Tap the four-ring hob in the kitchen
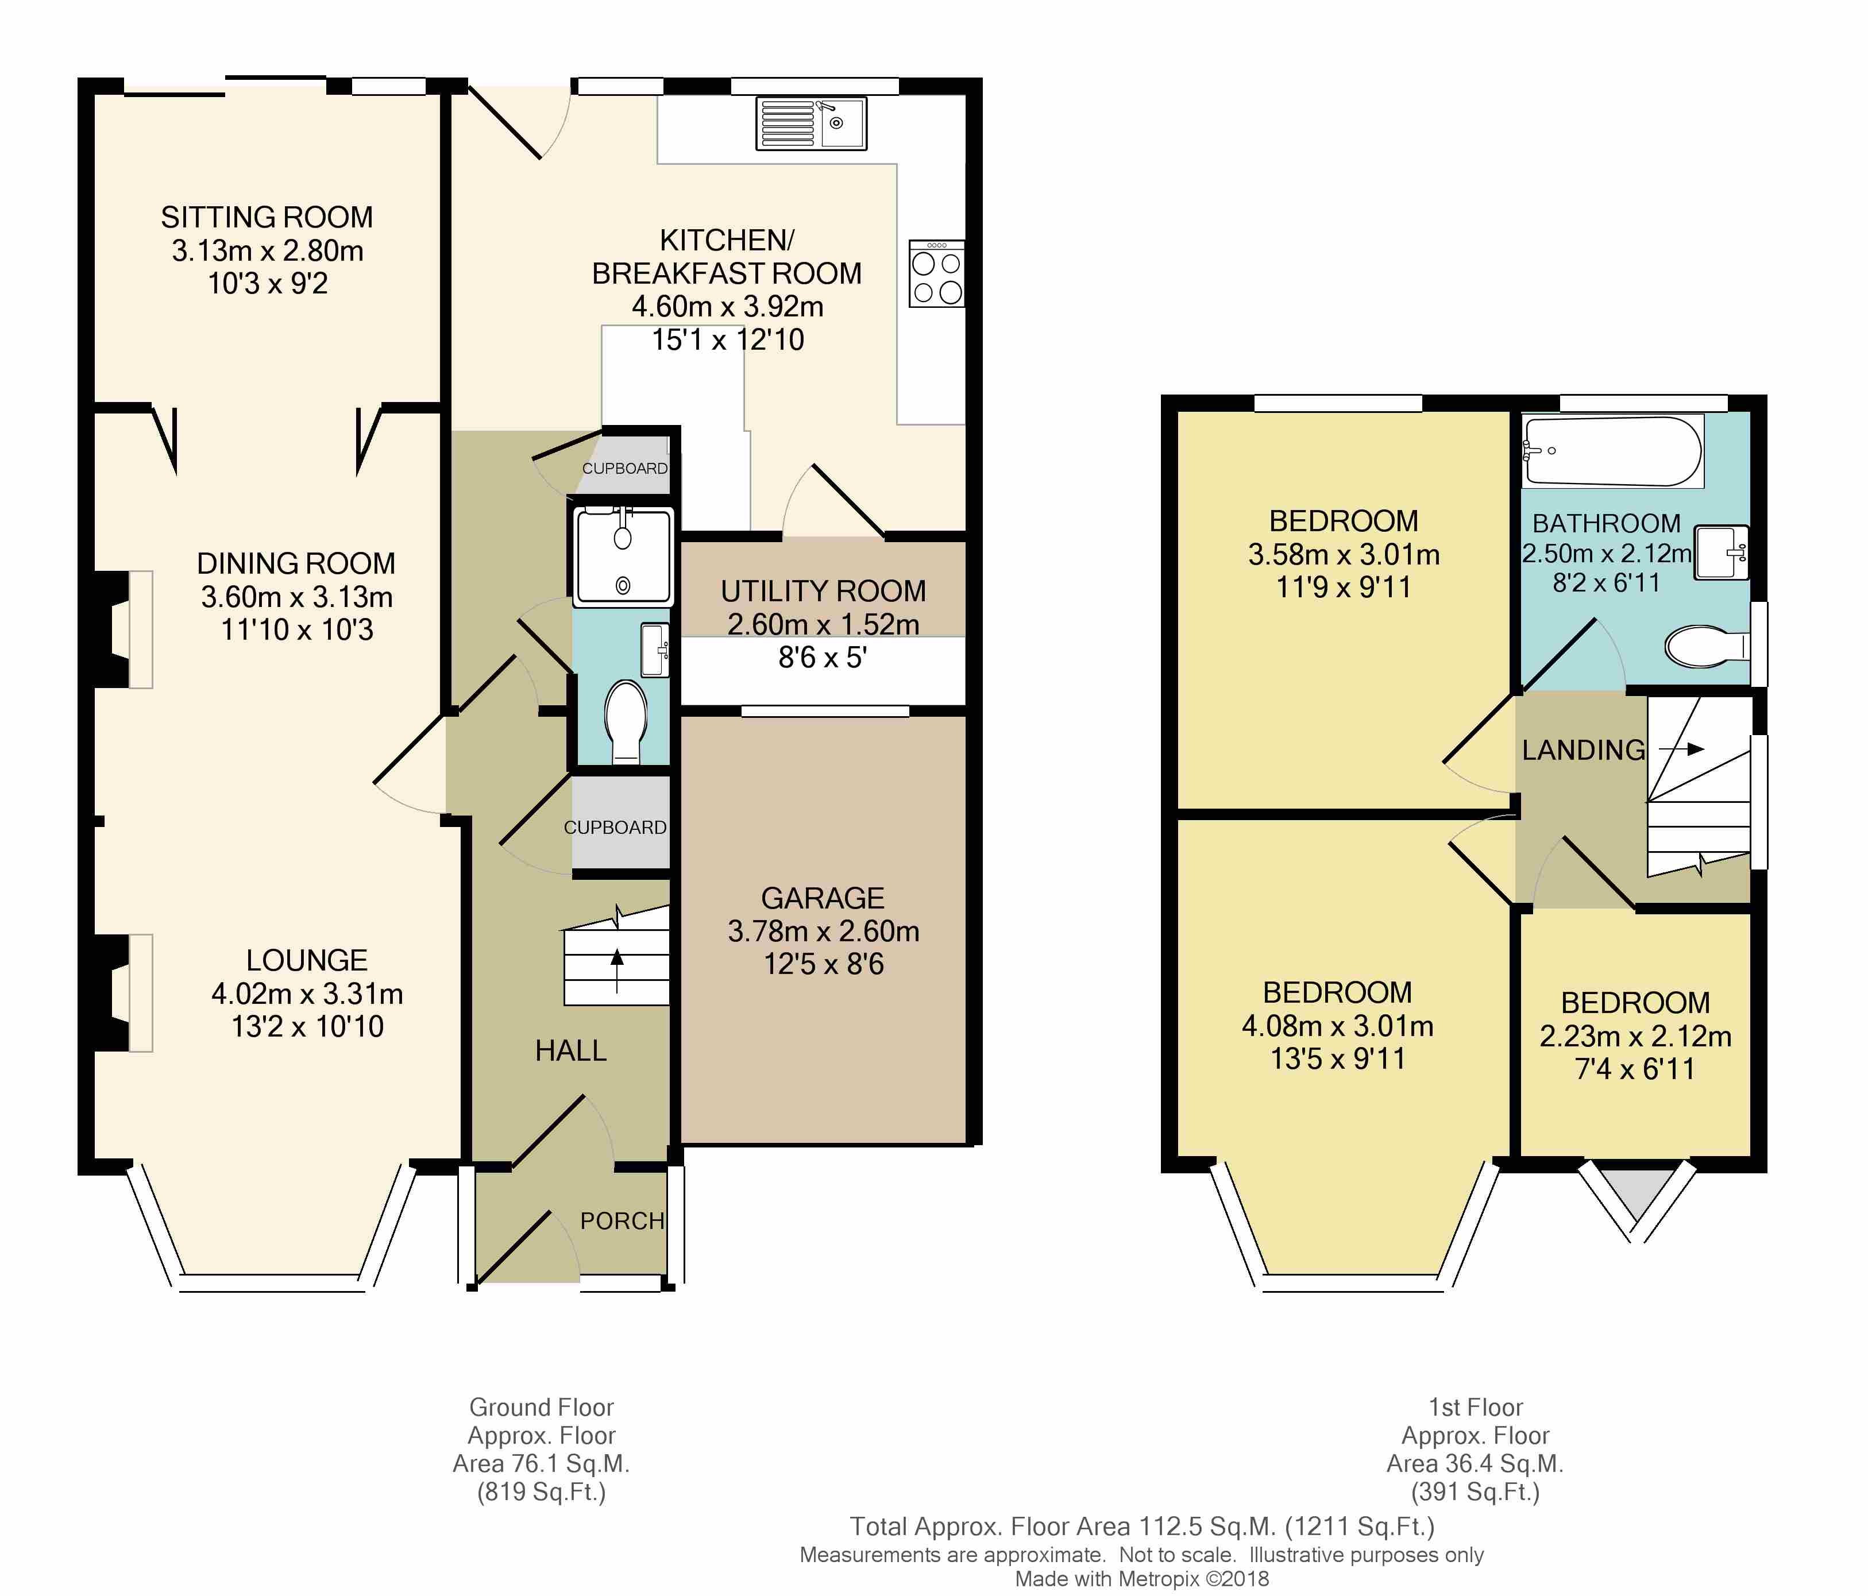pyautogui.click(x=937, y=273)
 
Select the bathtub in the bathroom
pyautogui.click(x=1612, y=451)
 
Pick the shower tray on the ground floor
pyautogui.click(x=623, y=555)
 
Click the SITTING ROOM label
pyautogui.click(x=267, y=217)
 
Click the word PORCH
pyautogui.click(x=622, y=1220)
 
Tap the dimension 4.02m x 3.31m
pyautogui.click(x=307, y=993)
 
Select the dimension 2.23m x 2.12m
pyautogui.click(x=1635, y=1037)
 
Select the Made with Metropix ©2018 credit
pyautogui.click(x=1141, y=1578)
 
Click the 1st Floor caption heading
pyautogui.click(x=1475, y=1406)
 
